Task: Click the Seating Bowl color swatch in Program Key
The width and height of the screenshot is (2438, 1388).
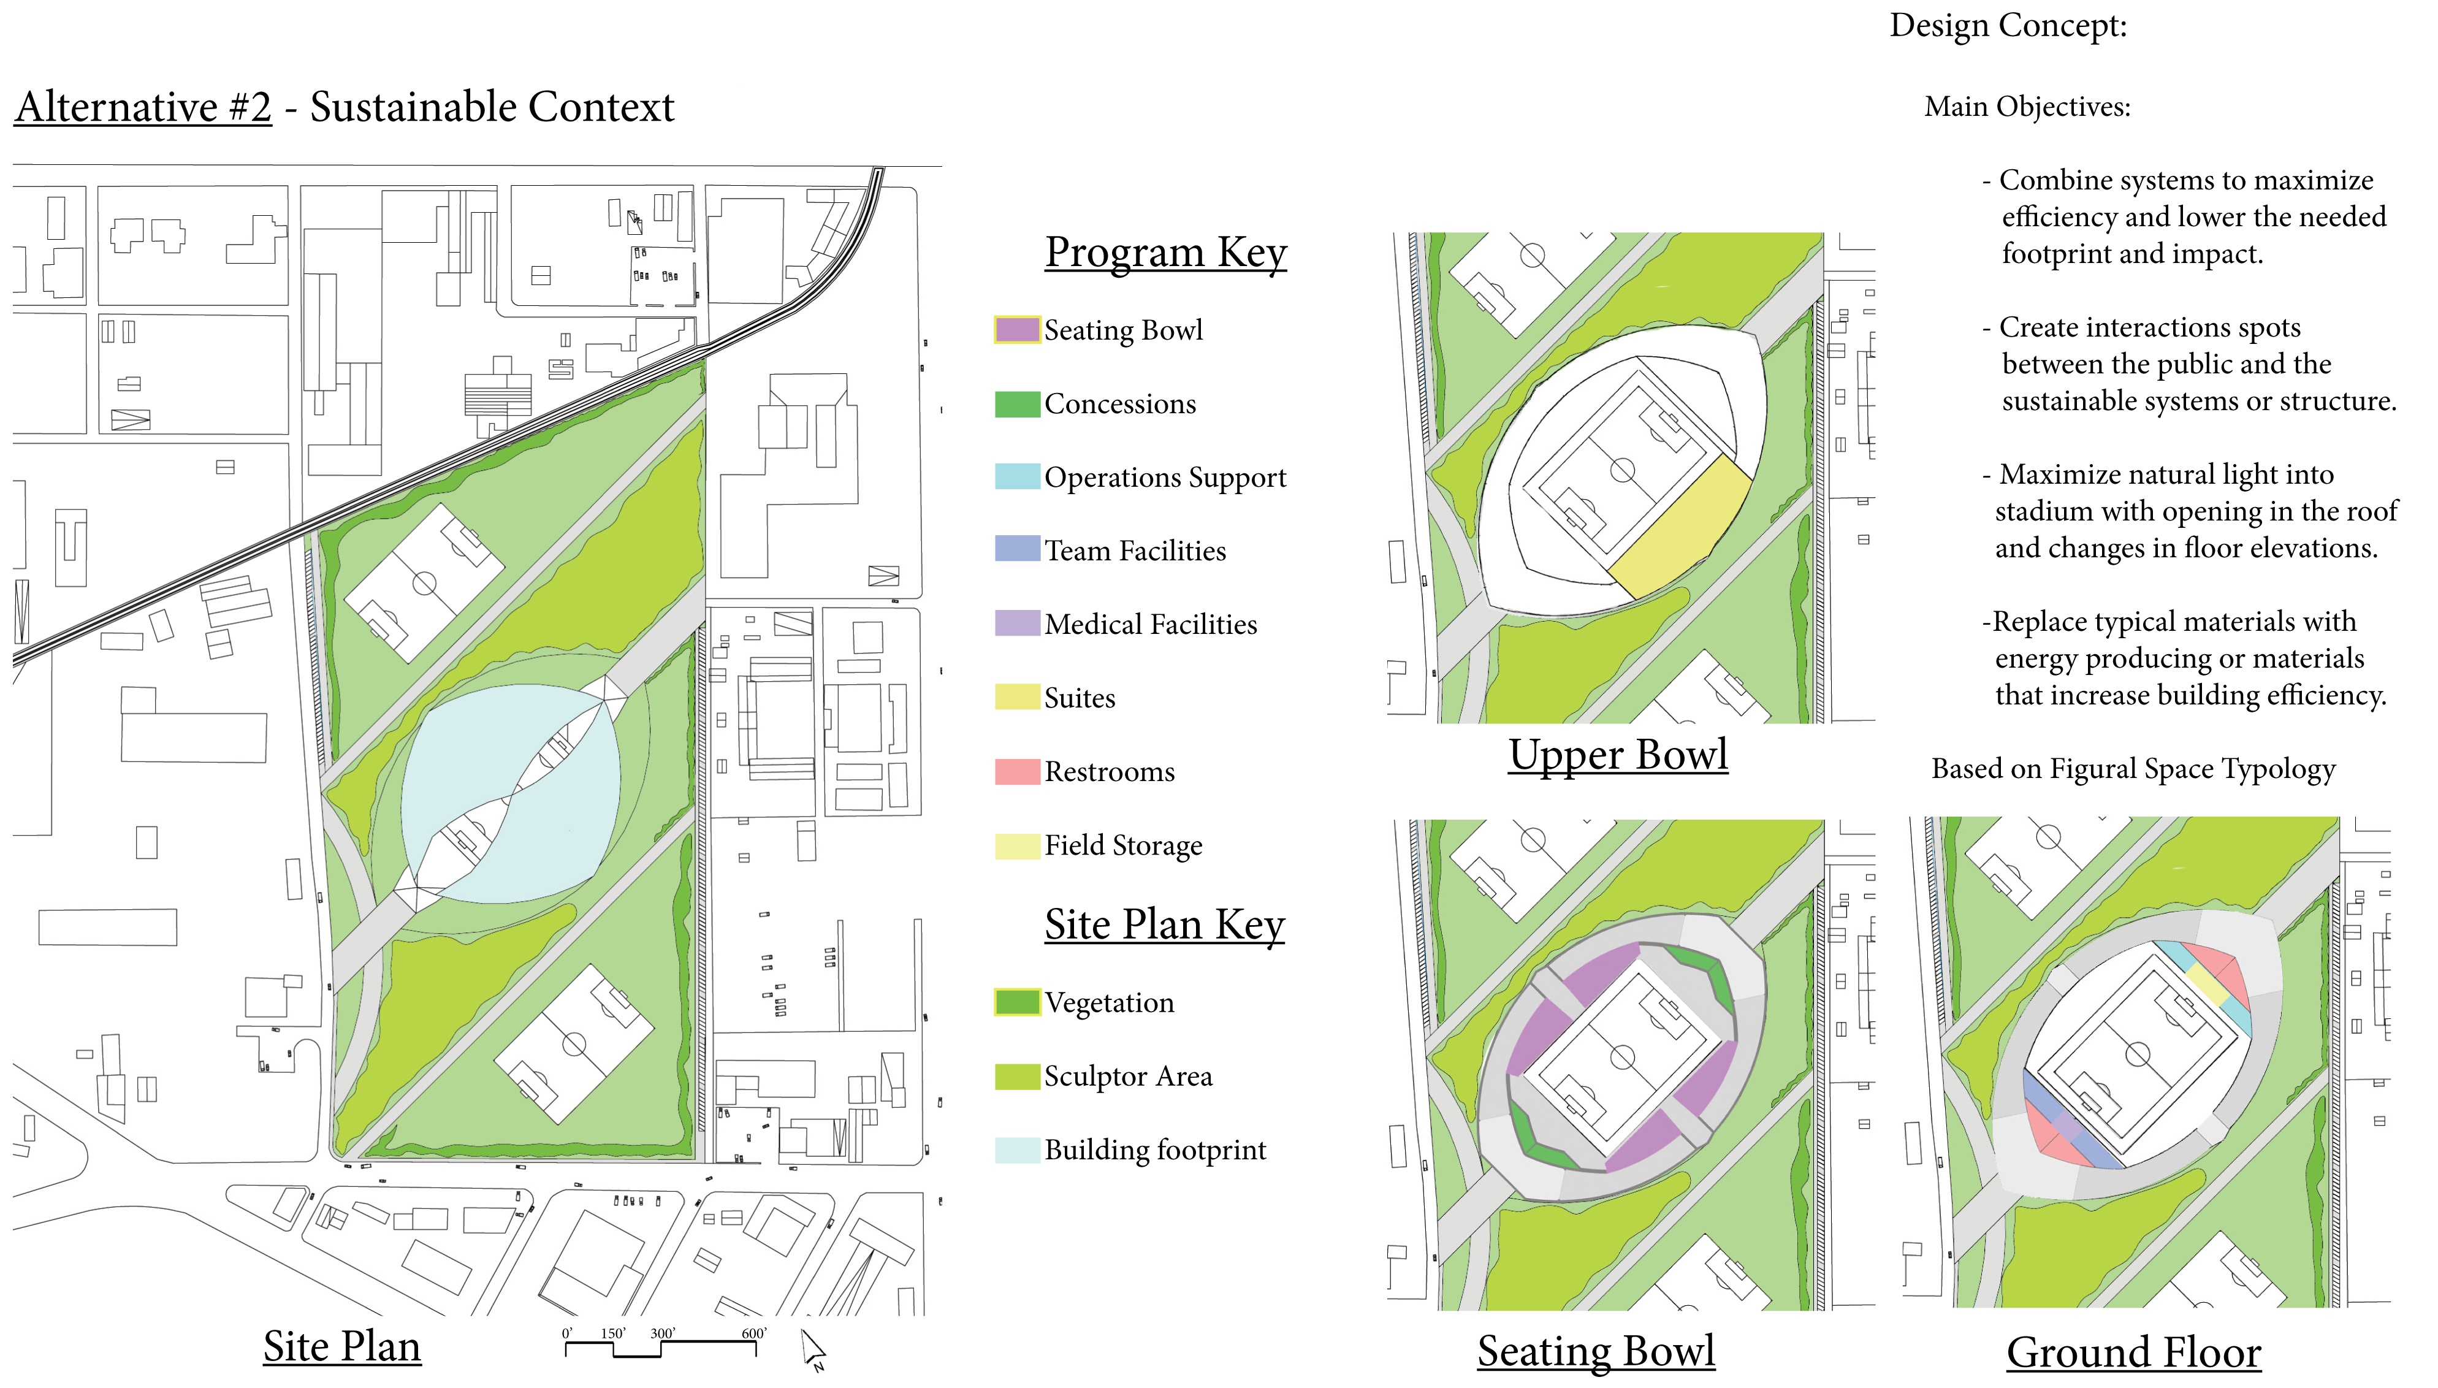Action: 1017,330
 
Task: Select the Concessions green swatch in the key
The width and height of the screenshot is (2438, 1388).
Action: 1017,404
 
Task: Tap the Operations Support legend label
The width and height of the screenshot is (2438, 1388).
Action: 1165,478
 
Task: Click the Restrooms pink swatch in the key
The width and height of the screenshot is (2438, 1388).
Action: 1017,771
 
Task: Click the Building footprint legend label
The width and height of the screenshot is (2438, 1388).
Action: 1155,1150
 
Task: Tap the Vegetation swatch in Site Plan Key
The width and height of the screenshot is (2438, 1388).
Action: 1017,1002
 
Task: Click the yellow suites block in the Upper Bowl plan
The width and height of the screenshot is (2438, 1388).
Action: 1679,526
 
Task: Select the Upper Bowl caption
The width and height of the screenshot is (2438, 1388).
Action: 1617,755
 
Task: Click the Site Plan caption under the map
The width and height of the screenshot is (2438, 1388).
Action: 342,1347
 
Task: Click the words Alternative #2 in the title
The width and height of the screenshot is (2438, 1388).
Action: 143,107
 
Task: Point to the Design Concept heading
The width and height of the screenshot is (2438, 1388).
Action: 2008,26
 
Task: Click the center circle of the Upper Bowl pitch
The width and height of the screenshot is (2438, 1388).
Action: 1622,470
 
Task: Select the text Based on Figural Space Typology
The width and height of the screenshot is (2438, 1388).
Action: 2133,770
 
